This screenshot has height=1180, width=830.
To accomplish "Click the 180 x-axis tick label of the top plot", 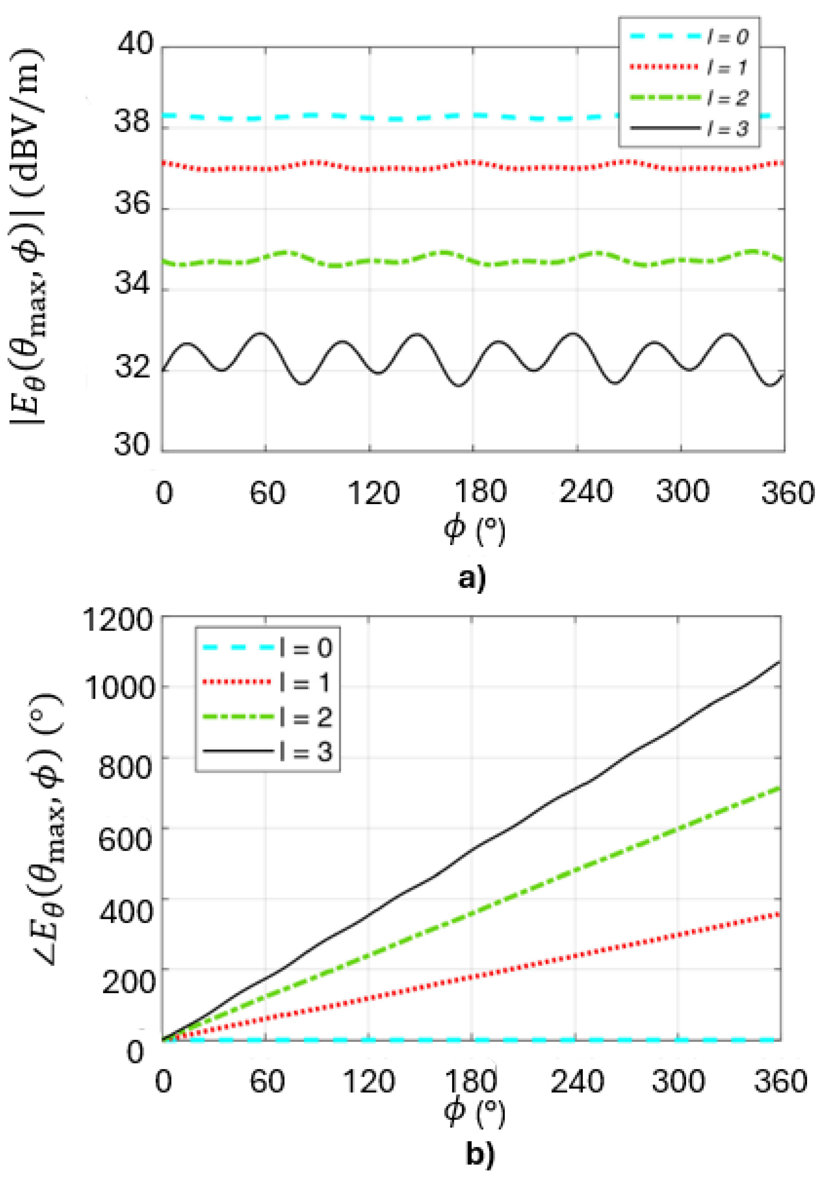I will point(480,492).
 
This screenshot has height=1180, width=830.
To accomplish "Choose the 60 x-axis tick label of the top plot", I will point(267,492).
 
